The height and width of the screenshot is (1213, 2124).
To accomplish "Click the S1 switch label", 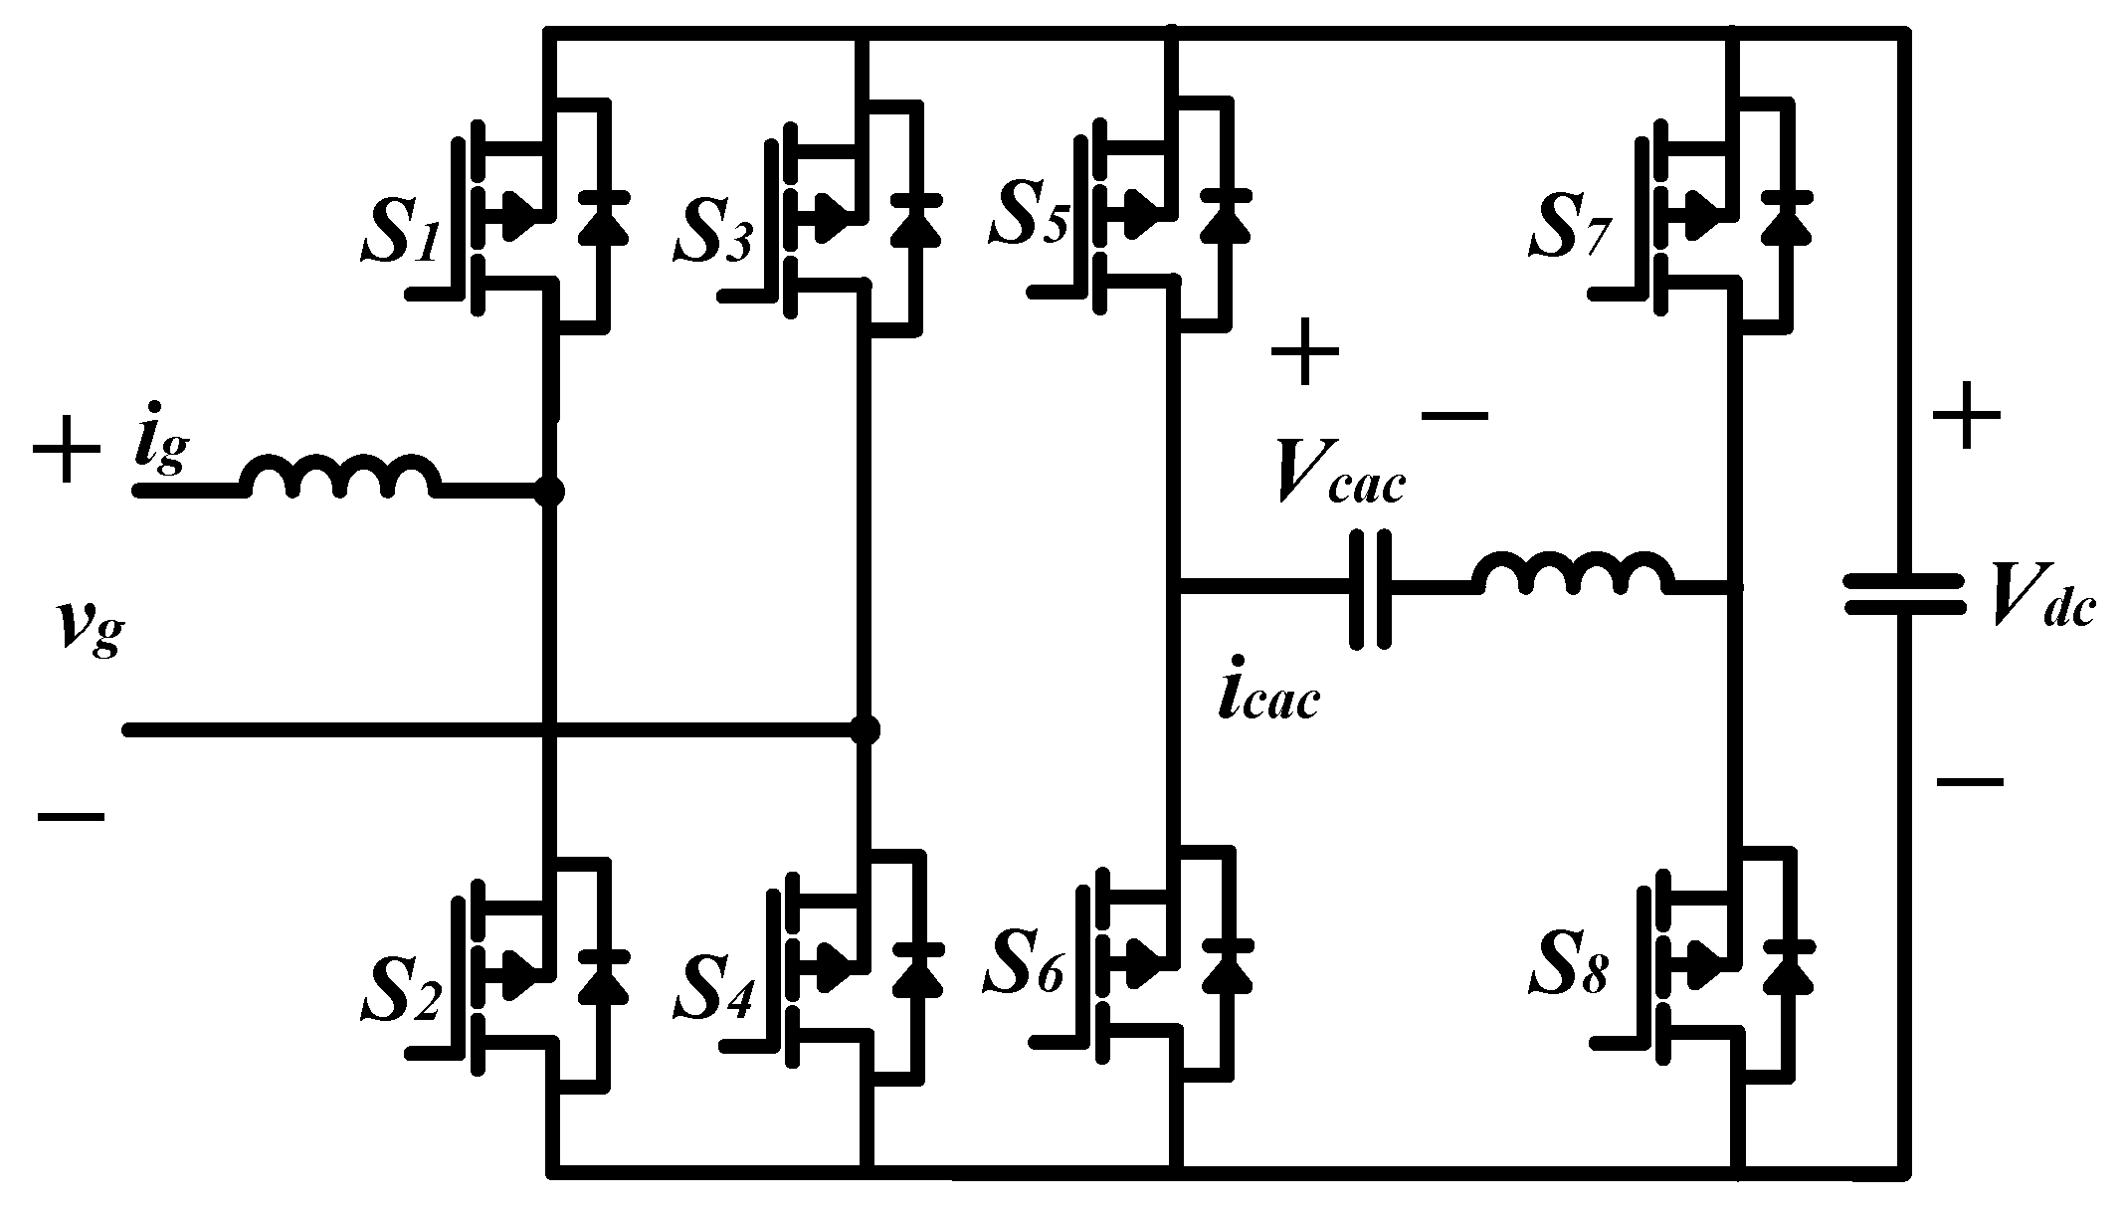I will (x=399, y=232).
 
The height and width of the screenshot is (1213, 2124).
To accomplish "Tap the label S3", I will (x=712, y=232).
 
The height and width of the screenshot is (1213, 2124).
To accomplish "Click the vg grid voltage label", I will (x=90, y=628).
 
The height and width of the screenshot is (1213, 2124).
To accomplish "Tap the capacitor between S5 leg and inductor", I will (x=1370, y=590).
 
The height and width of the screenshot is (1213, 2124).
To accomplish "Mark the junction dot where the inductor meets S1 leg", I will (x=548, y=492).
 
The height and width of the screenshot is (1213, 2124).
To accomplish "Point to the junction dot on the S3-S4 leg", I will (x=866, y=730).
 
